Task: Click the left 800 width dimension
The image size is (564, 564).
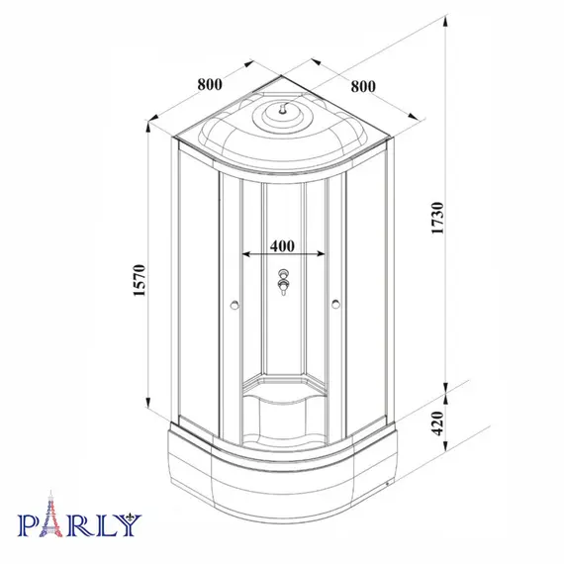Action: click(x=210, y=84)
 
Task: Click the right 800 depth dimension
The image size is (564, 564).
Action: click(x=363, y=87)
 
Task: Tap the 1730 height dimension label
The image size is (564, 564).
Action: click(x=437, y=219)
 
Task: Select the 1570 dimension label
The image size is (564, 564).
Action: click(x=140, y=280)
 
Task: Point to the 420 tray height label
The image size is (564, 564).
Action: click(x=437, y=423)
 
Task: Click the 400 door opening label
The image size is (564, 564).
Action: click(x=282, y=246)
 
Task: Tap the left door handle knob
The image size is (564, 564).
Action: click(x=235, y=305)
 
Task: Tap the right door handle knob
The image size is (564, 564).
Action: click(x=336, y=304)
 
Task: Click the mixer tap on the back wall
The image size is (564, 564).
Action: click(x=283, y=282)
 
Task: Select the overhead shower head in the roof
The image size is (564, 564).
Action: click(x=283, y=109)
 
